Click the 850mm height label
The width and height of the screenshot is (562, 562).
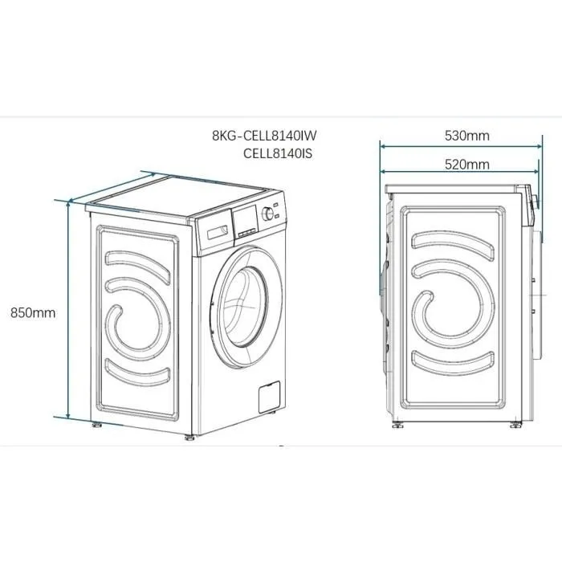pos(33,313)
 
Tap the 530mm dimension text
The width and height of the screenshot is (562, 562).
pos(466,136)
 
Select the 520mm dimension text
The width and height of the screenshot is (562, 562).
pos(466,165)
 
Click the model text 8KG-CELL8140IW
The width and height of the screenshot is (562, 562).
pos(270,136)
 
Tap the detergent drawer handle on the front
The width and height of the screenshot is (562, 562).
pos(214,232)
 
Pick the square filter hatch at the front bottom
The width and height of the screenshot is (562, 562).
pos(267,398)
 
